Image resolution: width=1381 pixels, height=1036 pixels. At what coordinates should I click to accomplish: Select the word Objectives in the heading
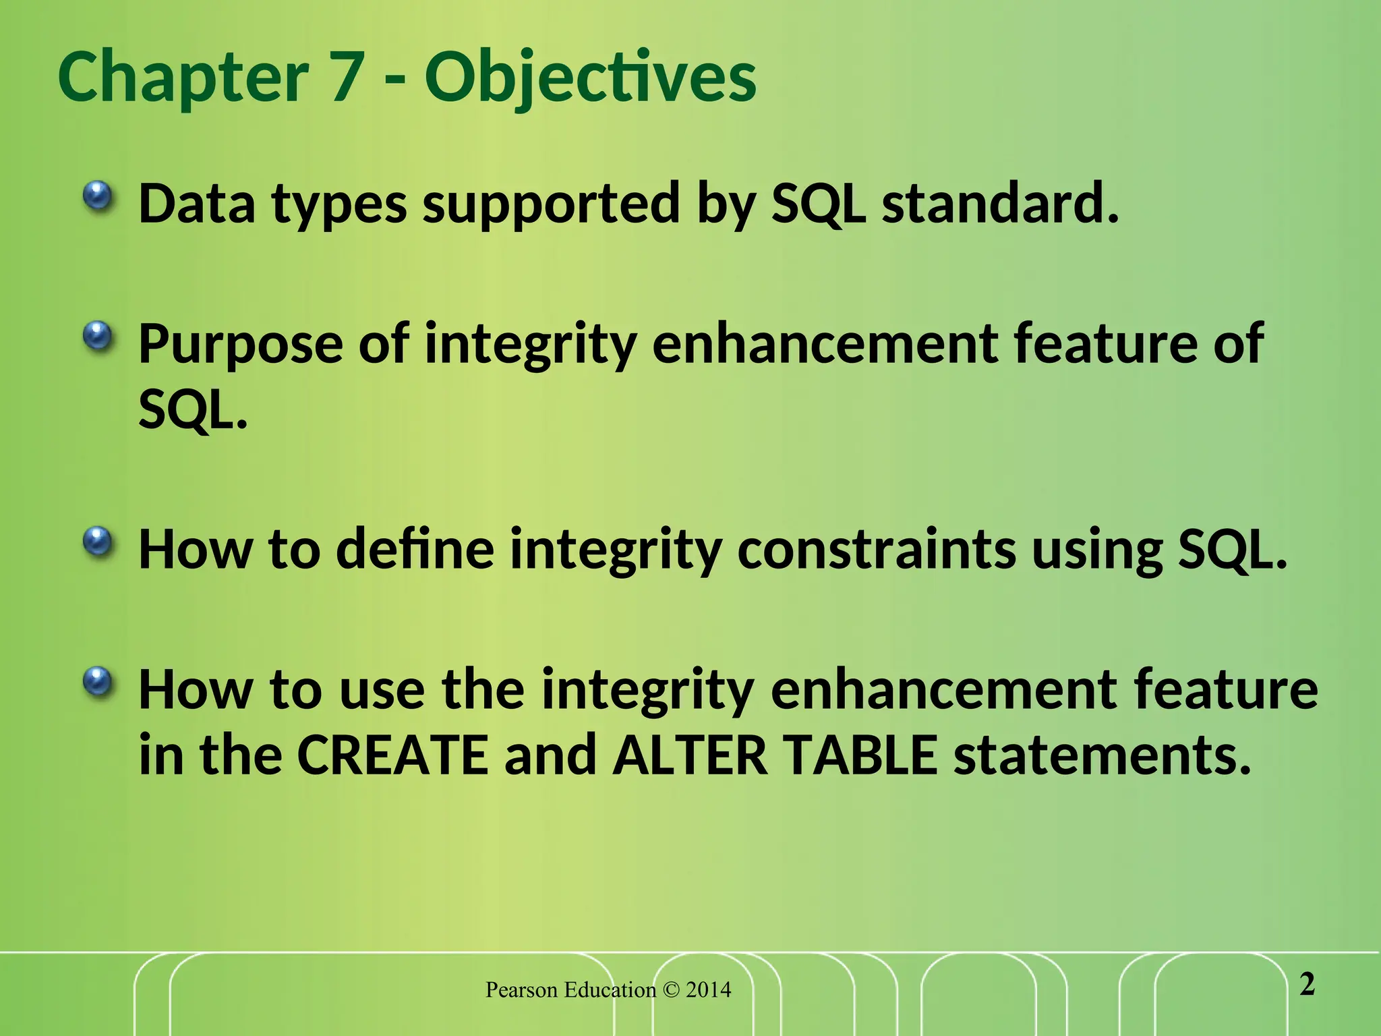590,80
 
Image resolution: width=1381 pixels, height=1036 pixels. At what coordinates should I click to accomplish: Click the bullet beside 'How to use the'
98,683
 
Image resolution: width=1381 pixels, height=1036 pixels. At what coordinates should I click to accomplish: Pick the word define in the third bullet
415,549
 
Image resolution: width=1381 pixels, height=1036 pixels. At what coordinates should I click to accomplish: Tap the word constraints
876,549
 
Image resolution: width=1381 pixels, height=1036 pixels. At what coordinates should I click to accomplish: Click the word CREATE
392,755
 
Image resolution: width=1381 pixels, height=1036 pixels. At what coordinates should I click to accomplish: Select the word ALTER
690,755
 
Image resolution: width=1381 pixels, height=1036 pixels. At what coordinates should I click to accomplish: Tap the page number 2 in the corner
1307,985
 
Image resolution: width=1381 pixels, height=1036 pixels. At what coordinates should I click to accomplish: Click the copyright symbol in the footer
671,990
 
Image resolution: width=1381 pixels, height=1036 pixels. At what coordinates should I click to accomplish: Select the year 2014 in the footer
708,990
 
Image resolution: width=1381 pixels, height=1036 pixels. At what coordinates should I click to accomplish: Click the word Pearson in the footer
522,990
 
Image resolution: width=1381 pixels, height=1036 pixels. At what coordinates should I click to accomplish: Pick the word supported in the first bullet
551,204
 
